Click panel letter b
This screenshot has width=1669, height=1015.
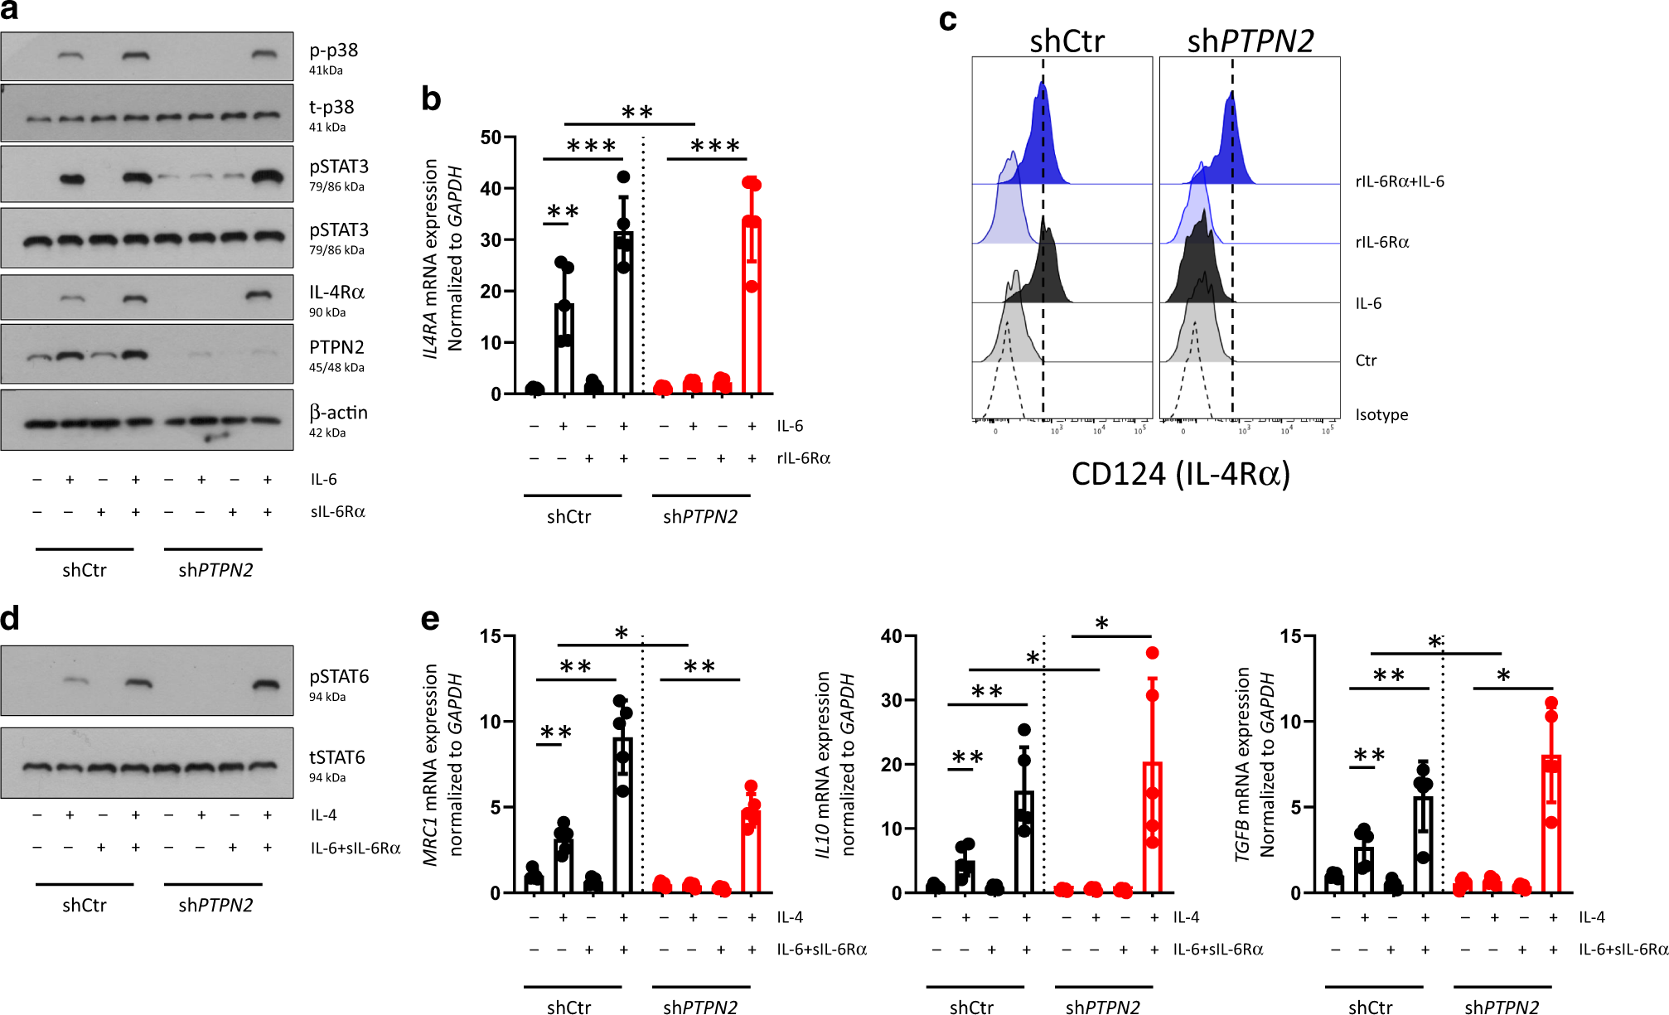pyautogui.click(x=430, y=99)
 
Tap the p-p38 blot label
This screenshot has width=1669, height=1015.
pyautogui.click(x=333, y=51)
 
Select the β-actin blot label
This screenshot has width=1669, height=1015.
pyautogui.click(x=338, y=413)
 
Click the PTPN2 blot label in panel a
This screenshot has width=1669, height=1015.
pyautogui.click(x=336, y=347)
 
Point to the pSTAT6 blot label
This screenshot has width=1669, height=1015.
pyautogui.click(x=338, y=677)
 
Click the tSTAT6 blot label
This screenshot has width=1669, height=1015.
pyautogui.click(x=336, y=757)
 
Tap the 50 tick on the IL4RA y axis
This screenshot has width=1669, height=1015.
pyautogui.click(x=491, y=138)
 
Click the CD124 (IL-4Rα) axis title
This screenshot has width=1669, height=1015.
pyautogui.click(x=1180, y=474)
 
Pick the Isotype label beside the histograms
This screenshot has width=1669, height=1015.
pyautogui.click(x=1381, y=415)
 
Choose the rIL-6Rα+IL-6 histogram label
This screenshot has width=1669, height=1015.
pyautogui.click(x=1400, y=181)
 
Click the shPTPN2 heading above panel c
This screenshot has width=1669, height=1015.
pyautogui.click(x=1250, y=41)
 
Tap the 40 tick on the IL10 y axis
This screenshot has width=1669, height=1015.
pyautogui.click(x=891, y=636)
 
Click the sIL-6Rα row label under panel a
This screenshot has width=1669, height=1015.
pyautogui.click(x=337, y=512)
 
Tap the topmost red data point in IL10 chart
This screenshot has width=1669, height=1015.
pyautogui.click(x=1152, y=653)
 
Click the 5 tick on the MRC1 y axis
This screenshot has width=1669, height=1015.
pyautogui.click(x=495, y=807)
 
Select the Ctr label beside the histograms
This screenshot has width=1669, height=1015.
pyautogui.click(x=1366, y=360)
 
